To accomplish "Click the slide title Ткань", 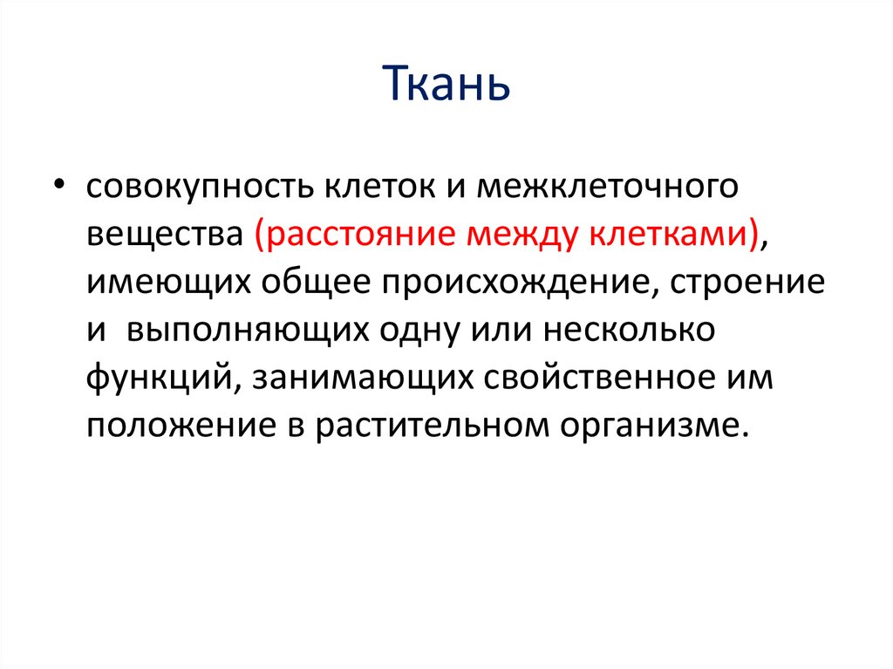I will [446, 86].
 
